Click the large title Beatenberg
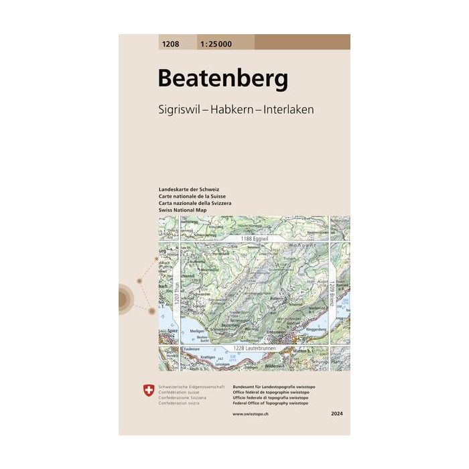coord(223,79)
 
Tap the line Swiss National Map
coord(183,210)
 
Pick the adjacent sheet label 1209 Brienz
coord(330,294)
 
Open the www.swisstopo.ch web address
coord(251,417)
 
